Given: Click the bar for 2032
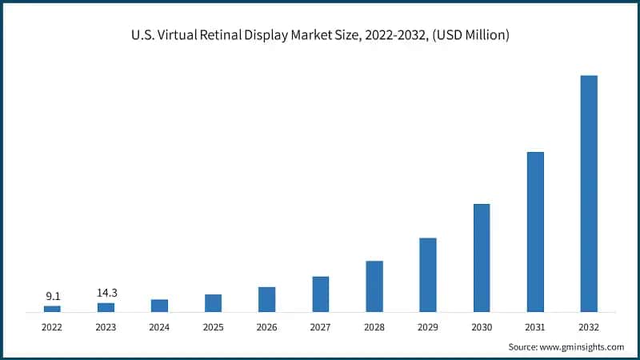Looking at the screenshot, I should click(589, 193).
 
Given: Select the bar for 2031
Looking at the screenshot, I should click(535, 231).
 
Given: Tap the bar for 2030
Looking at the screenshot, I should click(482, 258).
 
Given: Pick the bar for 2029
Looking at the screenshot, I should click(428, 274).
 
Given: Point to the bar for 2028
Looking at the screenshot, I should click(374, 286).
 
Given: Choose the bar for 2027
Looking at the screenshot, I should click(321, 294).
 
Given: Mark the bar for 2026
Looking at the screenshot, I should click(267, 299).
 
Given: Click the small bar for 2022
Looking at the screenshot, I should click(52, 308).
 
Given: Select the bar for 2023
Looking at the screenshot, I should click(106, 306).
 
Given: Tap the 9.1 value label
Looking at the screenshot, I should click(52, 296).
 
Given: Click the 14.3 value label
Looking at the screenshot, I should click(106, 293).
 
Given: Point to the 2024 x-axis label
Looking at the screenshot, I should click(159, 327).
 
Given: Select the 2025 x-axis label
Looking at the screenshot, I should click(213, 327).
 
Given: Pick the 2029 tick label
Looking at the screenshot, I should click(428, 327).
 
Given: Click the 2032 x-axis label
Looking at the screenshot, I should click(589, 327).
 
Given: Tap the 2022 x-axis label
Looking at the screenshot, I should click(52, 327).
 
